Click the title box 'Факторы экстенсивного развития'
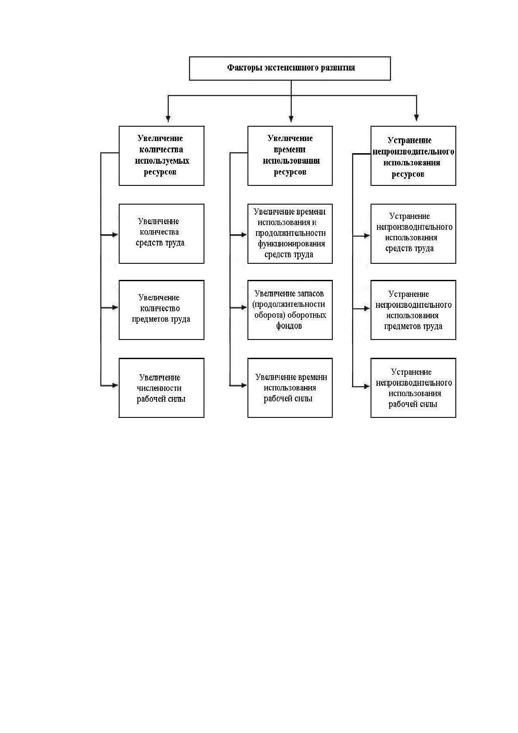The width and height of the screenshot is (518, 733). click(x=290, y=68)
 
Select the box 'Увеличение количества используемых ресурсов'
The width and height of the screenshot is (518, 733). click(x=161, y=156)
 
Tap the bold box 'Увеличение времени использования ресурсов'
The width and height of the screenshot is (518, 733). click(x=290, y=156)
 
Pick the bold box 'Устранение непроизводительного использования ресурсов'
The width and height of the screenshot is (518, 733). click(x=413, y=156)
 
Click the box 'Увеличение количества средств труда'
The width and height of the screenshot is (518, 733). click(x=161, y=234)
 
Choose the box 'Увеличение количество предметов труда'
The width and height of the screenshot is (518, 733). click(x=161, y=310)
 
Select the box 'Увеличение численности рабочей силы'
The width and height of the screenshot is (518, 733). click(x=161, y=388)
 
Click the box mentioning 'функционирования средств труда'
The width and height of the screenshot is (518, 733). click(x=290, y=234)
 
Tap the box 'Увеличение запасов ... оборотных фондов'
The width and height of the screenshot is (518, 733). click(x=290, y=310)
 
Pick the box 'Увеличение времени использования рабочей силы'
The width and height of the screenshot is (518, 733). click(x=290, y=388)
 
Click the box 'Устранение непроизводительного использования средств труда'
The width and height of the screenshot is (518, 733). click(x=413, y=234)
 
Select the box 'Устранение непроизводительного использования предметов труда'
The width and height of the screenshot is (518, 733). click(x=413, y=310)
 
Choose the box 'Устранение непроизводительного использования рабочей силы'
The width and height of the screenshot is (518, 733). click(x=413, y=388)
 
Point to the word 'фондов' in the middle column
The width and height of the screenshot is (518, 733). click(x=289, y=326)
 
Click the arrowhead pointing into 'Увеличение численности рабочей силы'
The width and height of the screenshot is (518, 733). click(x=115, y=385)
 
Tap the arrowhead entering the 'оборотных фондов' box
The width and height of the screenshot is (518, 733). click(x=244, y=308)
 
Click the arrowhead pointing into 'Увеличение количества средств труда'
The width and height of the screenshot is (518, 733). click(x=115, y=235)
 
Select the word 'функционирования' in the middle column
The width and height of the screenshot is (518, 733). click(x=291, y=244)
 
